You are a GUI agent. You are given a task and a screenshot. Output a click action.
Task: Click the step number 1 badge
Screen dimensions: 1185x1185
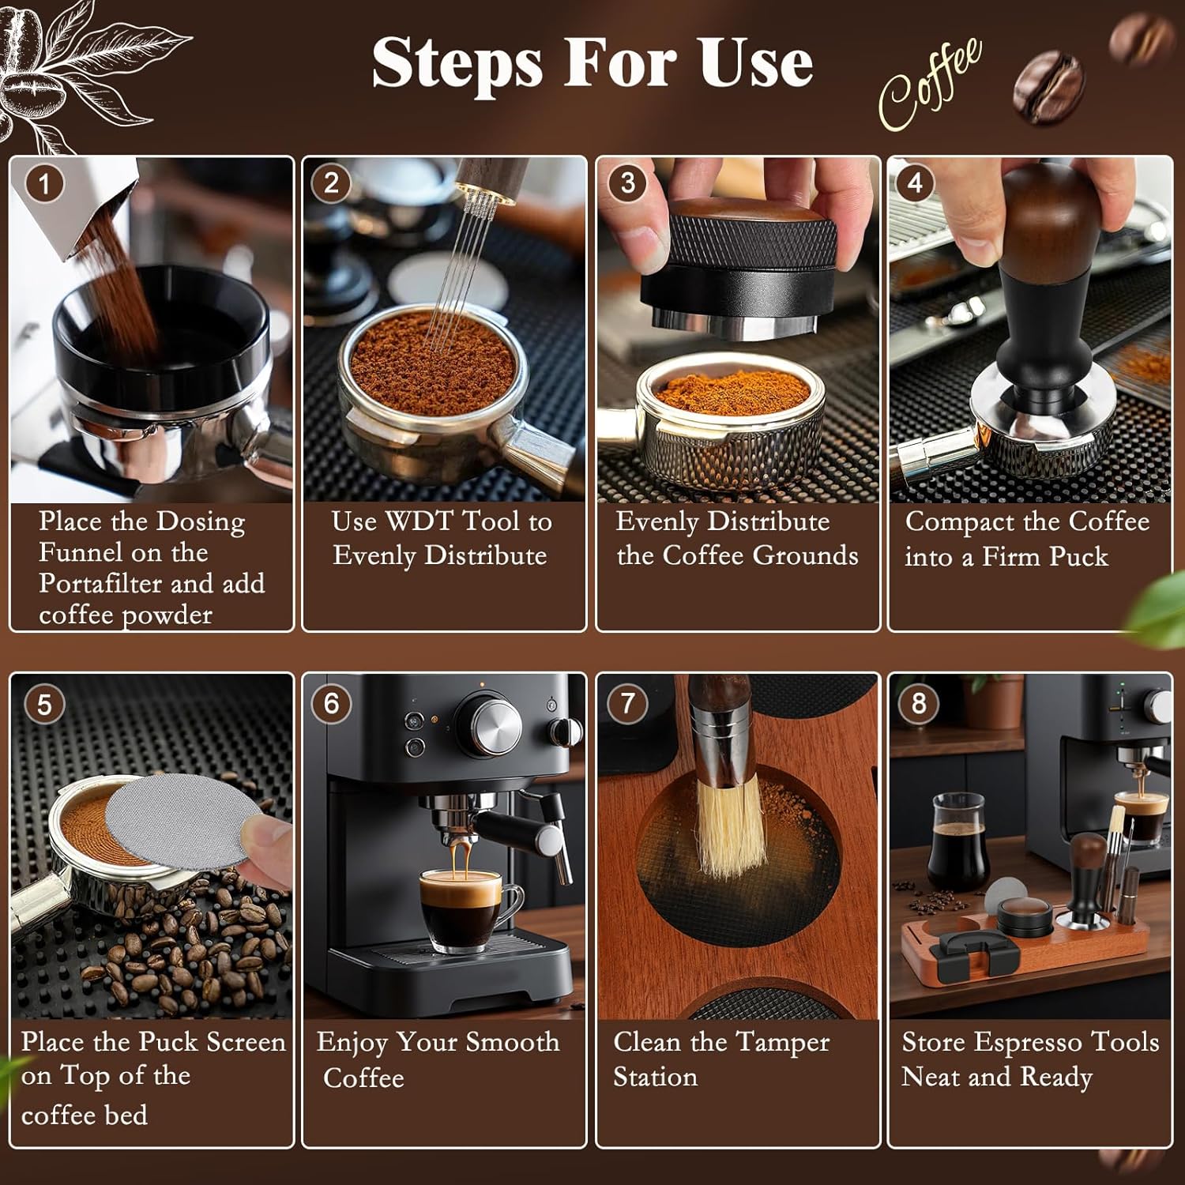44,184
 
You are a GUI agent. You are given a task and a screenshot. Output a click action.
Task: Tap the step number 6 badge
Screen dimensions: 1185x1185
332,703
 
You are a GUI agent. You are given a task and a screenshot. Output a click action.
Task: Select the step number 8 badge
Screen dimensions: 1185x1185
919,703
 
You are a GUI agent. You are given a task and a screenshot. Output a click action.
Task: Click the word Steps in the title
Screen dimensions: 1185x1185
457,63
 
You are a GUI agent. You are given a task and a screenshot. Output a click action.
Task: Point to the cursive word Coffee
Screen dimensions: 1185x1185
931,83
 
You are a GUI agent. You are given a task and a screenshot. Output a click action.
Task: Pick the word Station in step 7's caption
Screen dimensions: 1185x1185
656,1077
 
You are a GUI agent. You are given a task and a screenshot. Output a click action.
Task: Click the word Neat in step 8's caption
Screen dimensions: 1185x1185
927,1077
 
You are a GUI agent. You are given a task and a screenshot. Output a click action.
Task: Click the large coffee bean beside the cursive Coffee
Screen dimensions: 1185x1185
1049,88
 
